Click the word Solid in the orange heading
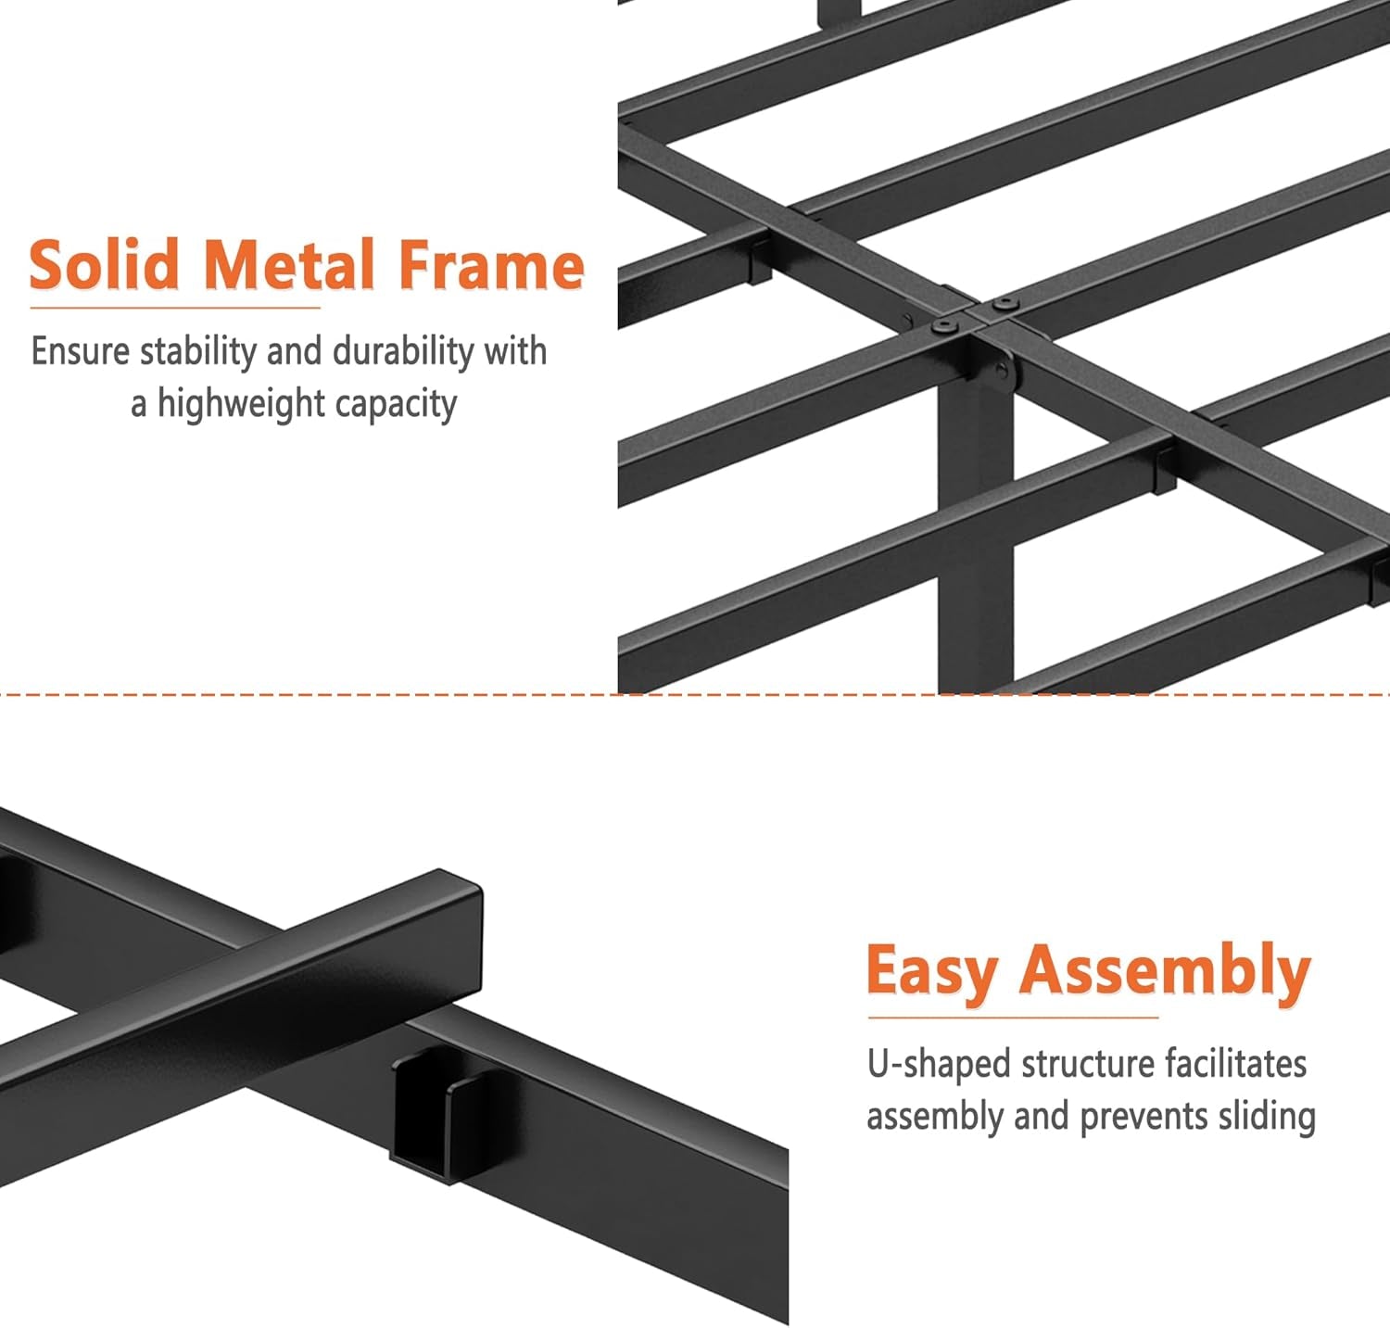pos(103,265)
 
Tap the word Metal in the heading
pos(289,265)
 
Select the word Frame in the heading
pos(491,265)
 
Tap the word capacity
pos(396,405)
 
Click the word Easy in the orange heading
pos(931,971)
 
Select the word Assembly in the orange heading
pos(1165,971)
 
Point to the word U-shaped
pos(939,1064)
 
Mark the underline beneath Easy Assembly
pos(1013,1018)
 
